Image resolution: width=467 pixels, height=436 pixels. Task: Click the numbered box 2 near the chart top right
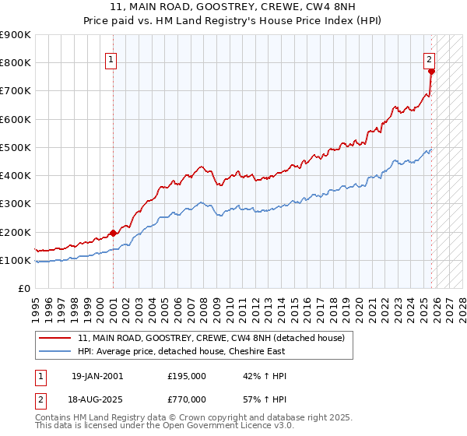429,58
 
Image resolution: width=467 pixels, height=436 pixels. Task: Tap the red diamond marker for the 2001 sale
113,232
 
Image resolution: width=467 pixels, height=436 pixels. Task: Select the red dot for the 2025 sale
431,71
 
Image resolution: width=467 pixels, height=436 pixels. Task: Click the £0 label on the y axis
23,288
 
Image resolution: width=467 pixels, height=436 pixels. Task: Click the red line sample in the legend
55,338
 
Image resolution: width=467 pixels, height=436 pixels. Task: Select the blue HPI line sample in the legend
55,351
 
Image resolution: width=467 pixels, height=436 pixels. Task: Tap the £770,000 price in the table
187,399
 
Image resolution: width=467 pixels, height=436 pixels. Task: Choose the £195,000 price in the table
187,376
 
